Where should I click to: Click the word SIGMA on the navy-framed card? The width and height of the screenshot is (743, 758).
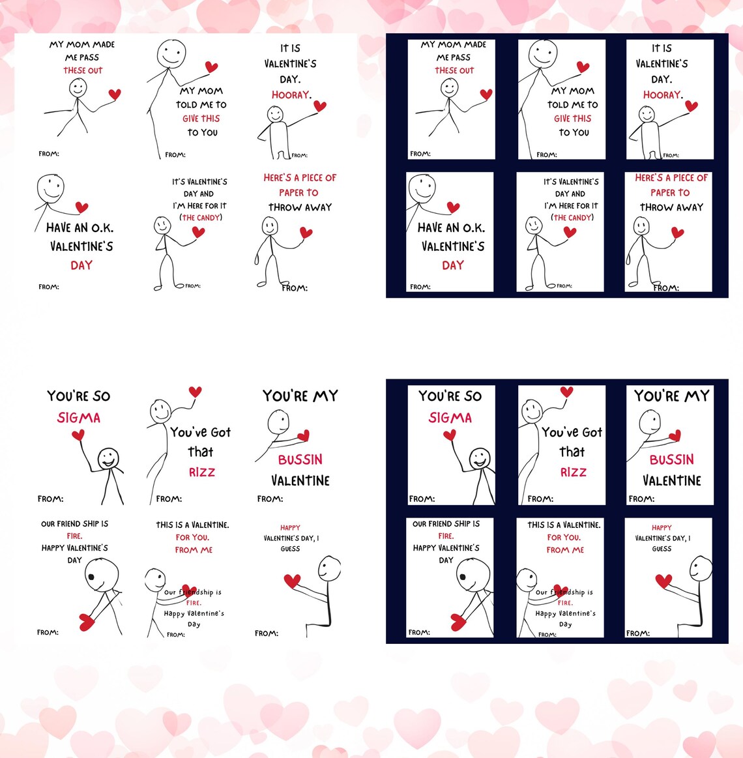[x=450, y=418]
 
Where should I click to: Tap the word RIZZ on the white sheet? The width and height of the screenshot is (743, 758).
[x=202, y=472]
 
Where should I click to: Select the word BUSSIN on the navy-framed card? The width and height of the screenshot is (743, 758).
[x=671, y=459]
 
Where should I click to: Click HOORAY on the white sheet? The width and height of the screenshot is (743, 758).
[x=291, y=95]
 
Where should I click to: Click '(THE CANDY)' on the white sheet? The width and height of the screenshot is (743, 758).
[x=201, y=218]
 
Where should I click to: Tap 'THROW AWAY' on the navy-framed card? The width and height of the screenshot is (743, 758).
[x=671, y=207]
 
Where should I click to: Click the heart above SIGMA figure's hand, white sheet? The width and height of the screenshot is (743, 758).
[x=78, y=435]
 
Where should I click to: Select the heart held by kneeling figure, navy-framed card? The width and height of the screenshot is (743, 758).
[x=663, y=581]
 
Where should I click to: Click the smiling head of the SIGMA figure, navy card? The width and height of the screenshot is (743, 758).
[x=480, y=458]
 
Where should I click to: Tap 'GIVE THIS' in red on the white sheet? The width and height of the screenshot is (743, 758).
[x=201, y=119]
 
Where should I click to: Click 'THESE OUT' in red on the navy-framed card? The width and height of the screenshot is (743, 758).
[x=454, y=70]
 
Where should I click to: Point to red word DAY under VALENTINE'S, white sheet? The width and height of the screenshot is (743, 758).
[x=81, y=265]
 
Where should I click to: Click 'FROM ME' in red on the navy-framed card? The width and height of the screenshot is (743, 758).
[x=565, y=550]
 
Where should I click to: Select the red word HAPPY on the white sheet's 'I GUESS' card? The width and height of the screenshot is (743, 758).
[x=290, y=528]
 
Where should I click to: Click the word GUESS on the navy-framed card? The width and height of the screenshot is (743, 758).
[x=662, y=549]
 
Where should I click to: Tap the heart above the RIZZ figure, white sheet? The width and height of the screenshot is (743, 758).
[x=195, y=392]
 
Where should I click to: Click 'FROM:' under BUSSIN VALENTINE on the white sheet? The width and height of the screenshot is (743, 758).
[x=270, y=499]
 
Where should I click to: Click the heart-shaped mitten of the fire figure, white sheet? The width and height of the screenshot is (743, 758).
[x=87, y=622]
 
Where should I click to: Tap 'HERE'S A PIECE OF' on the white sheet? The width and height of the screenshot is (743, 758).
[x=300, y=177]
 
